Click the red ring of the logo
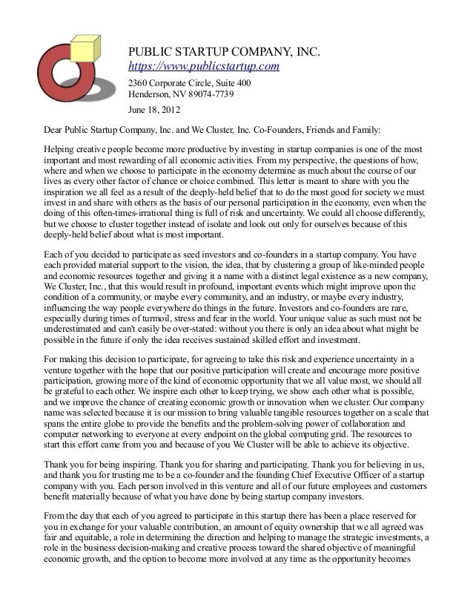point(53,85)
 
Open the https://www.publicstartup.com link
point(204,68)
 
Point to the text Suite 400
point(234,82)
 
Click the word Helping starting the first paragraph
point(61,148)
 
